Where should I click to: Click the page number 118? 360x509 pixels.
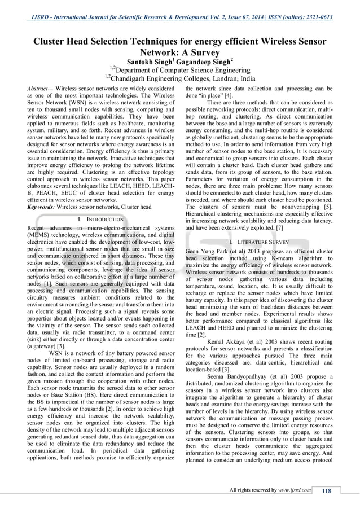[326, 490]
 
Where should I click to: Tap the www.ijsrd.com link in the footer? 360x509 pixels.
[293, 490]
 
